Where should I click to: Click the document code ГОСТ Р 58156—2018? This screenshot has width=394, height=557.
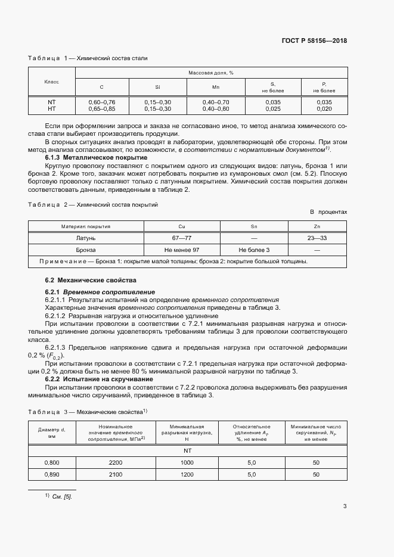click(x=314, y=41)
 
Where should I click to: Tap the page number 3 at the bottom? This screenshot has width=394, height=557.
click(x=345, y=507)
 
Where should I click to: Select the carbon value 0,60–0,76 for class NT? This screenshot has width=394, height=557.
click(x=101, y=102)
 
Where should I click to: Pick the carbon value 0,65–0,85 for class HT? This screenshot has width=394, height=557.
click(x=101, y=109)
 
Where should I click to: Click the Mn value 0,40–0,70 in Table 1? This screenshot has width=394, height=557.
click(x=215, y=102)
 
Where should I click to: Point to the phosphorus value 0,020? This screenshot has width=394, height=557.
click(x=324, y=109)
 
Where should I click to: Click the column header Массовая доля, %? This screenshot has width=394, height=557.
click(x=210, y=72)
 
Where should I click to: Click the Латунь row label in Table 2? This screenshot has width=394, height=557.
click(x=85, y=238)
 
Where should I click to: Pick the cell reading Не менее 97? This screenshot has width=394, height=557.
click(x=182, y=250)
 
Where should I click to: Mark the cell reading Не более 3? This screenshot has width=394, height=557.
click(x=254, y=250)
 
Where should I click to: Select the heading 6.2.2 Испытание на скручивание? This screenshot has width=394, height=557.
click(x=99, y=379)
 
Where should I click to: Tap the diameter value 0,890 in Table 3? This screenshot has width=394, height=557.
click(x=52, y=474)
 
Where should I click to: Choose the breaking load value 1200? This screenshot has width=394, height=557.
click(x=187, y=474)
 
